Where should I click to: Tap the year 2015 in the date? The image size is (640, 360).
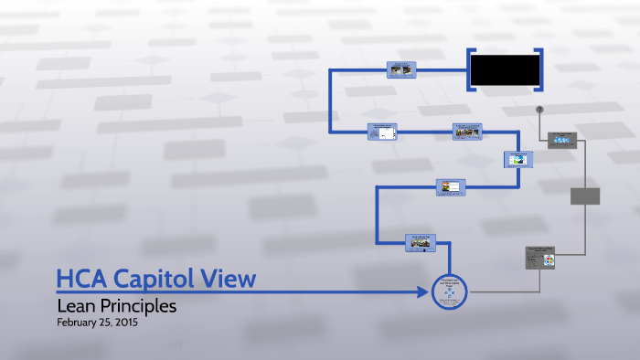click(x=127, y=323)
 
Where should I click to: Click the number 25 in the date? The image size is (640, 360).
click(x=106, y=323)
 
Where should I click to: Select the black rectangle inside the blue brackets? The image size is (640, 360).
click(x=504, y=69)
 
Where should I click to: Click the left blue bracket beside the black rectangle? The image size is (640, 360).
click(x=470, y=69)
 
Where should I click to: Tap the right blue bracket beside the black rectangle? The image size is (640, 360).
click(x=539, y=69)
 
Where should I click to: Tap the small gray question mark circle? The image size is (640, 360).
click(x=539, y=110)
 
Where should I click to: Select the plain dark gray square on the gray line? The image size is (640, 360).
click(x=585, y=196)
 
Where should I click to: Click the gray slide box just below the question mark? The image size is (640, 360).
click(x=562, y=141)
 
